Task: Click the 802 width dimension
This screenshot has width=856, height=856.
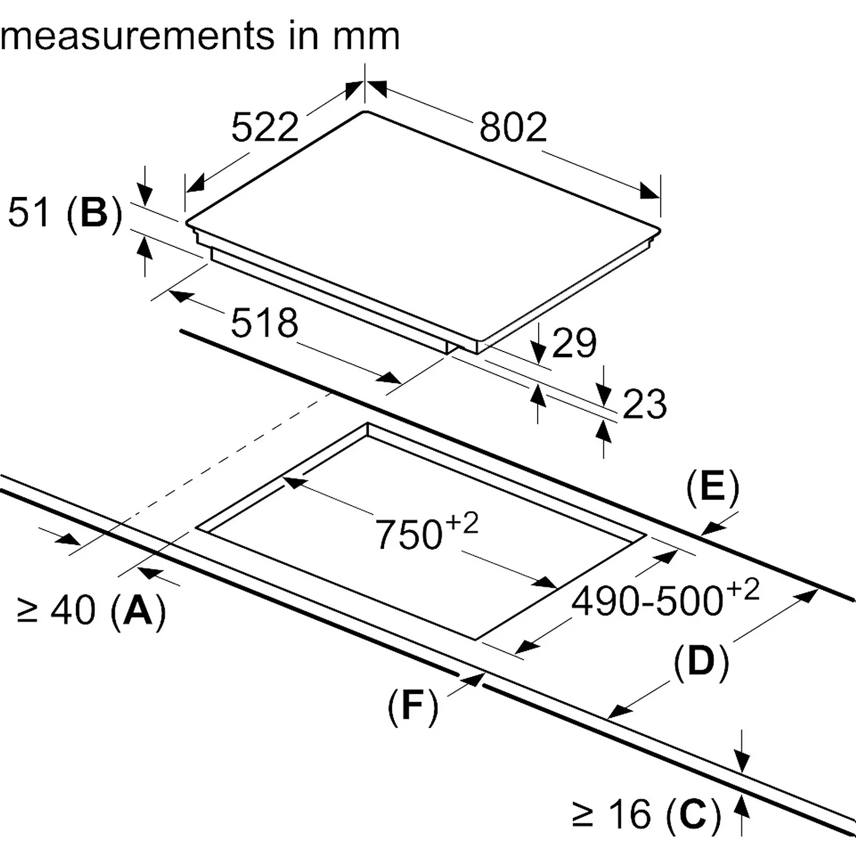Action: [x=513, y=127]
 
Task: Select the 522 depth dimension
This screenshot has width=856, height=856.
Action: [x=265, y=127]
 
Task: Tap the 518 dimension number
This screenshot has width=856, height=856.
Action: [x=264, y=323]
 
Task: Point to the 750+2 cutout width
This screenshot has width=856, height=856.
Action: [x=425, y=532]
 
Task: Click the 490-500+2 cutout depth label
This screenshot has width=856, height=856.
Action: [x=665, y=599]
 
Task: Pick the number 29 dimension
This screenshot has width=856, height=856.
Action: [x=574, y=343]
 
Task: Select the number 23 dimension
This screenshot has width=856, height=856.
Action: [x=644, y=405]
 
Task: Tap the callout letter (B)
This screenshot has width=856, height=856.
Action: [x=94, y=213]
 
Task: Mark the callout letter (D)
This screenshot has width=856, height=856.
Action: [x=701, y=661]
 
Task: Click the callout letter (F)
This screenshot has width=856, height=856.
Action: [x=413, y=705]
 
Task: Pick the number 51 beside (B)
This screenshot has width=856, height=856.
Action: [x=28, y=213]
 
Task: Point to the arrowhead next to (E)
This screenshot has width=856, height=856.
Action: [x=711, y=528]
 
